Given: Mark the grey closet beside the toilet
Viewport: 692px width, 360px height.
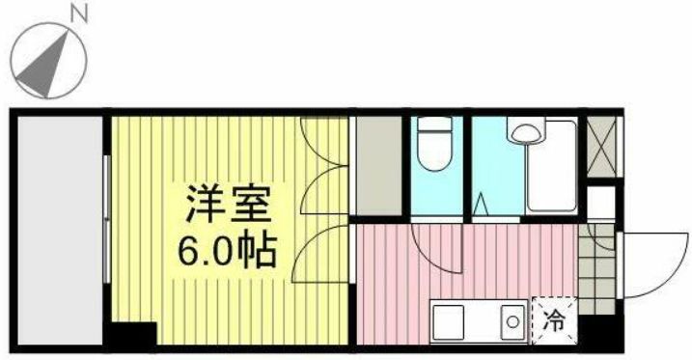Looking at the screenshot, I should tap(376, 164).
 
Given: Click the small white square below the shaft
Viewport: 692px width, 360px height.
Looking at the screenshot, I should tap(600, 202).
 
